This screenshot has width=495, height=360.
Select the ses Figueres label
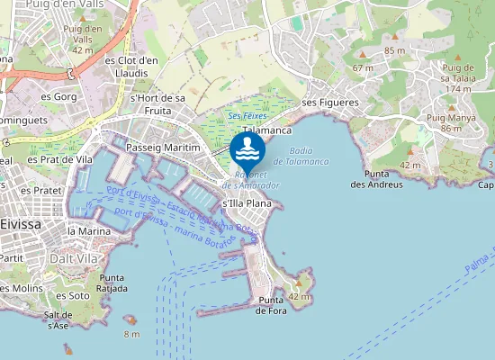330,103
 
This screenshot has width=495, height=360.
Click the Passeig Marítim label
163,147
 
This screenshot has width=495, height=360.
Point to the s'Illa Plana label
246,203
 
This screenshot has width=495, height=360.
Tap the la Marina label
89,231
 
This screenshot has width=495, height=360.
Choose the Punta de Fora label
272,305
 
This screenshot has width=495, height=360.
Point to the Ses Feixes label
247,116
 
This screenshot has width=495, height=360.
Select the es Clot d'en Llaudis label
132,67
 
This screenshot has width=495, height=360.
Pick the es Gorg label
58,95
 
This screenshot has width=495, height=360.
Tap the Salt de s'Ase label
56,319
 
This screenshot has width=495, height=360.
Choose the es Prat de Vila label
60,159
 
